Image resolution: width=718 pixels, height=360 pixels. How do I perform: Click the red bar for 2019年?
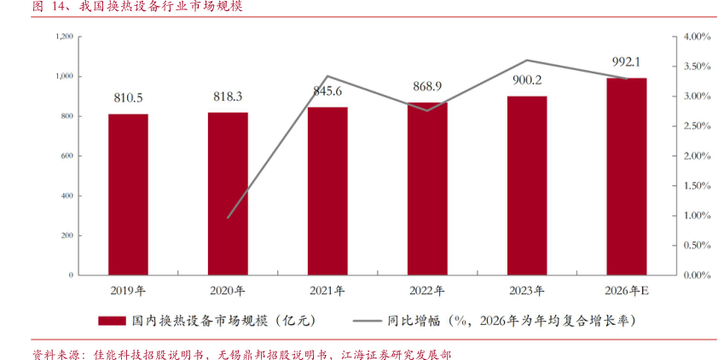click(x=128, y=195)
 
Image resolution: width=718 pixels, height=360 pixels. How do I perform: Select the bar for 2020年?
click(x=228, y=194)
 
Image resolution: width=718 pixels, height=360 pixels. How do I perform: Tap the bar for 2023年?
click(x=527, y=185)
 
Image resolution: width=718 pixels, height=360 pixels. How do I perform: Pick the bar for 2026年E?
click(x=627, y=177)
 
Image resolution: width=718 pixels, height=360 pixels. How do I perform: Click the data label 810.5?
click(x=128, y=98)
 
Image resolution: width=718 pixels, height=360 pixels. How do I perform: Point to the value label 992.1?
click(x=627, y=62)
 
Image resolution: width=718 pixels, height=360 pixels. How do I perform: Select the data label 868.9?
click(x=427, y=87)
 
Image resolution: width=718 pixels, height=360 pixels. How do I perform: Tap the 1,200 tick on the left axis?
click(x=63, y=37)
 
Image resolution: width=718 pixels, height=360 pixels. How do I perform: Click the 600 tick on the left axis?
click(x=67, y=156)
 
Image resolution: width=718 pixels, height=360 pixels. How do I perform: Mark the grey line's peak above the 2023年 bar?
click(x=527, y=61)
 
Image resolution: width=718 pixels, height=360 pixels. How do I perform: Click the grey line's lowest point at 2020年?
click(x=228, y=218)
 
